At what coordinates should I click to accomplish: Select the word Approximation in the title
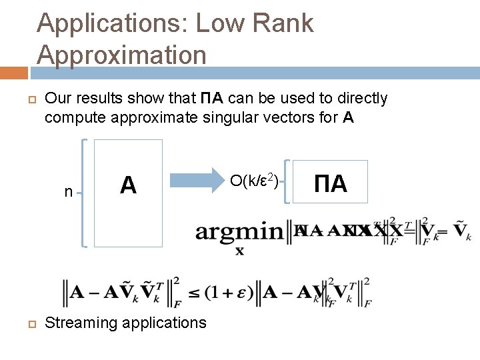(x=122, y=55)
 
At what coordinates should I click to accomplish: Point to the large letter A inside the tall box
(x=128, y=185)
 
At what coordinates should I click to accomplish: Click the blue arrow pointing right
(x=197, y=181)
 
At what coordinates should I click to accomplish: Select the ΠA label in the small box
(x=330, y=183)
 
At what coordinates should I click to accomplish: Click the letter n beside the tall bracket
(x=69, y=192)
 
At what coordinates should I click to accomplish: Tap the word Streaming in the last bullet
(x=79, y=323)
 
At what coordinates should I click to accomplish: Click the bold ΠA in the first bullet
(x=213, y=99)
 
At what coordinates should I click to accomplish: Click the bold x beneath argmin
(x=239, y=251)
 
